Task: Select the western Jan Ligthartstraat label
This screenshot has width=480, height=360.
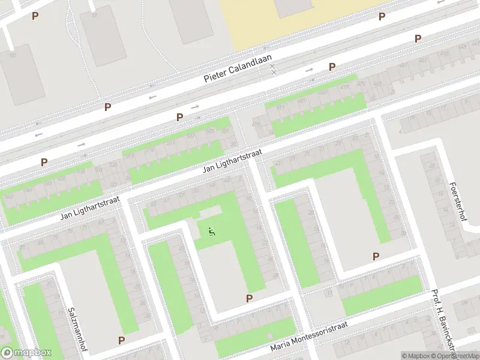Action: pos(90,207)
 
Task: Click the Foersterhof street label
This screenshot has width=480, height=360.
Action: pos(458,201)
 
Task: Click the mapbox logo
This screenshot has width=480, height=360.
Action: pos(25,353)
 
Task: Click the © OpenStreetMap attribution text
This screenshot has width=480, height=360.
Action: pos(457,356)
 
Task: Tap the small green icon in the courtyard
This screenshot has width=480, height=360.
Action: pos(211,231)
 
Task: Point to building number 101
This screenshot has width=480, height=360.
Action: pos(13,55)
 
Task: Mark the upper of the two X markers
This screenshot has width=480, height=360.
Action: pos(273,65)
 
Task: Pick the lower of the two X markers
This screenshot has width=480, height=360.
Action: pos(273,73)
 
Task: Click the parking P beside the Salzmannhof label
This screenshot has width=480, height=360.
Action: pos(121,340)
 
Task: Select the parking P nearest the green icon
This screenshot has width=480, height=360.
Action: pos(249,298)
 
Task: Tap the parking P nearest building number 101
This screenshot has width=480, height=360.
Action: pos(35,16)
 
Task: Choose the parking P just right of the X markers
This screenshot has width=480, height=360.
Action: pos(331,67)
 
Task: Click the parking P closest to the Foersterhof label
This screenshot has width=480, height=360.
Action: pos(376,256)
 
